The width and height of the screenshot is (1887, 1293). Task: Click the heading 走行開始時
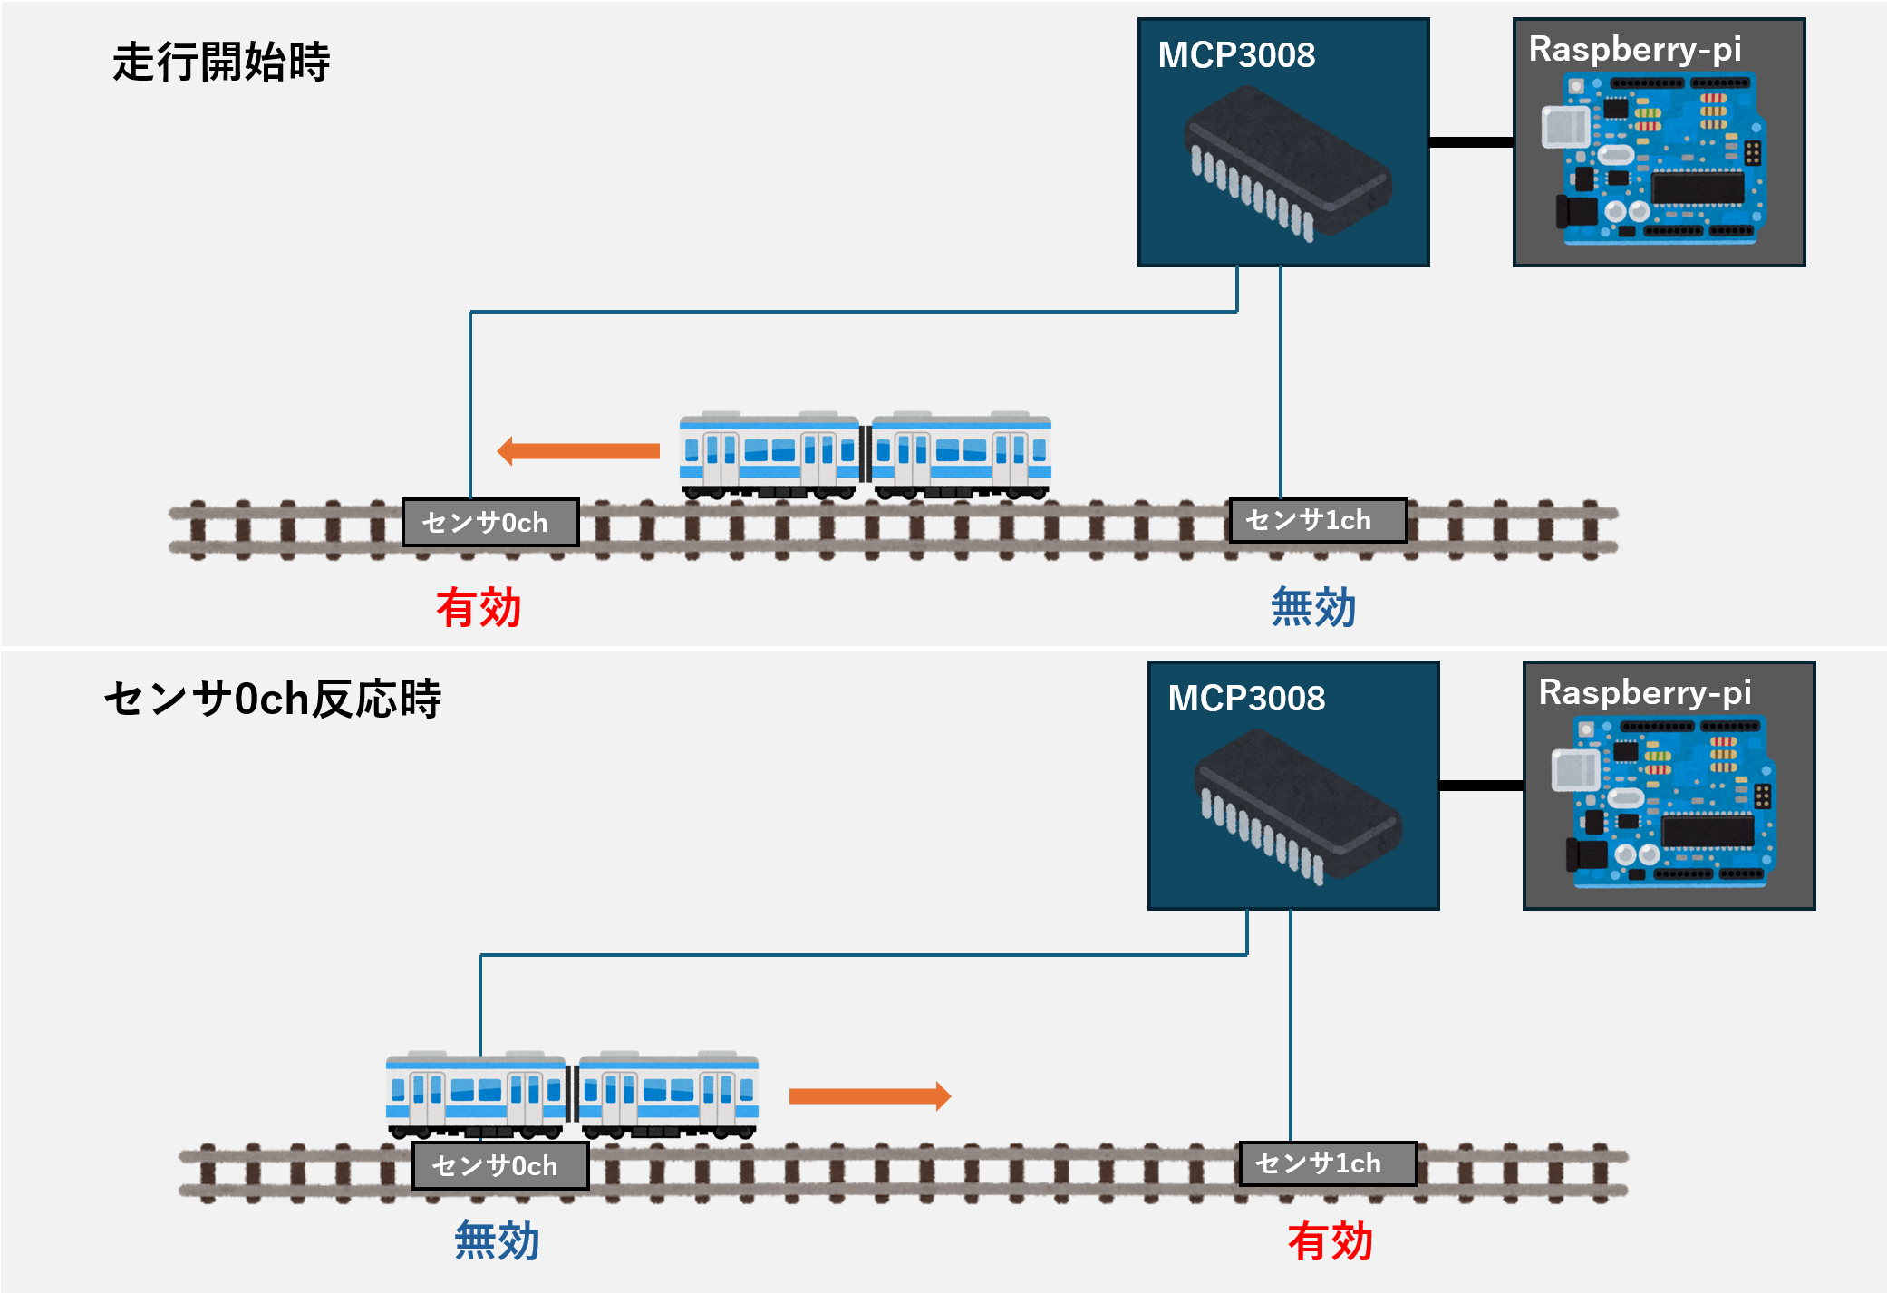point(221,63)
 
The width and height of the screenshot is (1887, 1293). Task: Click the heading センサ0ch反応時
point(272,699)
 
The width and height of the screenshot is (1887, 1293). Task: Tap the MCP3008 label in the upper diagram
point(1236,55)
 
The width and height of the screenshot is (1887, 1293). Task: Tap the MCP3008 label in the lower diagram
point(1246,699)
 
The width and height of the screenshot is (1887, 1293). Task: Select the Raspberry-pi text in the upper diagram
point(1635,50)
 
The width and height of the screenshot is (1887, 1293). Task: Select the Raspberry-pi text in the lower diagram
point(1645,693)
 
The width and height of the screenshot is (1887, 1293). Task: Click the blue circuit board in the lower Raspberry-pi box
point(1668,802)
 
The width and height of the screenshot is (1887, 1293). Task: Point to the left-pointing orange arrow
point(578,450)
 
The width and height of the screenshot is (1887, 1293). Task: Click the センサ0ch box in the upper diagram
point(490,523)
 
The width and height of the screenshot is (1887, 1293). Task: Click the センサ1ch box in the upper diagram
point(1317,520)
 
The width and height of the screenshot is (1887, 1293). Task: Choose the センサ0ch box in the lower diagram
point(500,1165)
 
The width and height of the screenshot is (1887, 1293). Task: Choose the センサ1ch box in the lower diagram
point(1328,1163)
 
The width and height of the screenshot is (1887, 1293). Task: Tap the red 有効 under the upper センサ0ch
point(479,607)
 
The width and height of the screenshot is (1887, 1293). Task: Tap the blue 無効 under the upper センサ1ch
point(1313,607)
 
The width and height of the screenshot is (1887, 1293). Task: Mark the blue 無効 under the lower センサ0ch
point(497,1240)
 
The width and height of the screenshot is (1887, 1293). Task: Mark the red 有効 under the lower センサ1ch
point(1330,1240)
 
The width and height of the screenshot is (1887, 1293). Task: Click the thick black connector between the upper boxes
point(1470,142)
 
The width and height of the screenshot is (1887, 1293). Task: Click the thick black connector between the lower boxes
point(1480,786)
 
